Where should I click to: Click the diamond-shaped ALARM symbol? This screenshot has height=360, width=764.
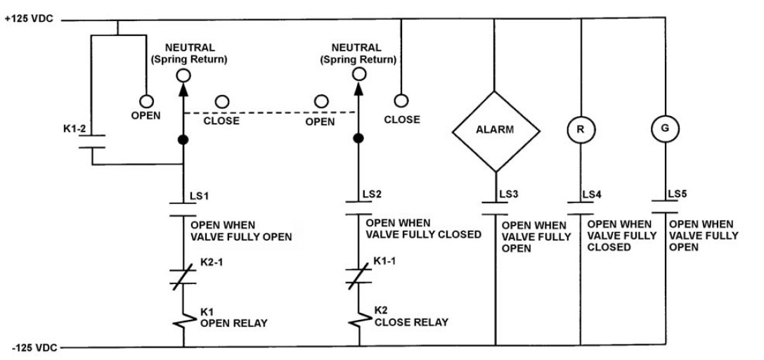[x=496, y=131]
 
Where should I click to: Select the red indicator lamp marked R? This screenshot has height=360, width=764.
[x=581, y=129]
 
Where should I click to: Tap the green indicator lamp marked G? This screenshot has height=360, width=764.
[x=665, y=129]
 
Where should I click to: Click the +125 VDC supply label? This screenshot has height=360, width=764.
[x=29, y=20]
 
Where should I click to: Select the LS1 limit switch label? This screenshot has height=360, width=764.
[x=200, y=196]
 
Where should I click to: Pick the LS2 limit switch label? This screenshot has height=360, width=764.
[x=373, y=194]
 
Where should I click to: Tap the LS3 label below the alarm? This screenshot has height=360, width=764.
[x=508, y=194]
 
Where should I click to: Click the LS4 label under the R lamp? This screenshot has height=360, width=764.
[x=592, y=194]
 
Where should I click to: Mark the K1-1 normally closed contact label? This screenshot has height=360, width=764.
[x=384, y=261]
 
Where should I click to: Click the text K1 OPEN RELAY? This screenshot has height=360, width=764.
[x=234, y=317]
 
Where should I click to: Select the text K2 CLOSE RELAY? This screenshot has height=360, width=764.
[x=411, y=316]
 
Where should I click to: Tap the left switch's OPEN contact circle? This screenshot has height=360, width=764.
[x=146, y=101]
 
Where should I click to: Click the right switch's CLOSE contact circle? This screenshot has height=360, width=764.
[x=401, y=101]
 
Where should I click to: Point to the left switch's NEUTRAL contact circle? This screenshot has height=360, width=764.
[x=183, y=75]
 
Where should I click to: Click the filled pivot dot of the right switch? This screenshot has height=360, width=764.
[x=358, y=139]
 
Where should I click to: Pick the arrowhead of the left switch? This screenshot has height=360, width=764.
[x=183, y=89]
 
